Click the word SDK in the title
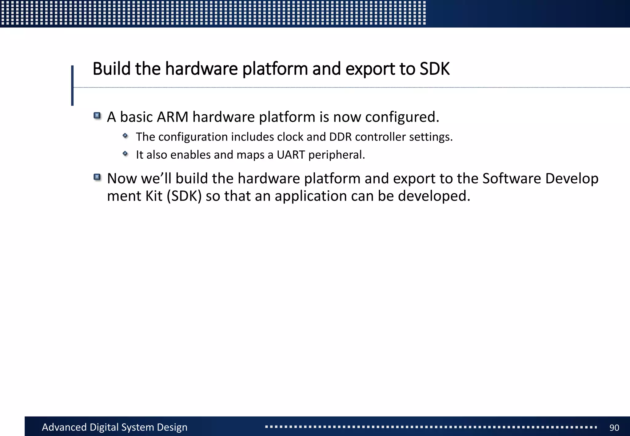point(434,69)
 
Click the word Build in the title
point(111,69)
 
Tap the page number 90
point(614,427)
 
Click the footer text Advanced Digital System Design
point(114,427)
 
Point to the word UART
point(291,155)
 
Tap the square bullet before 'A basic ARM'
point(97,116)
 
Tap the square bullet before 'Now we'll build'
point(97,177)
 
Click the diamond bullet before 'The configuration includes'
point(125,135)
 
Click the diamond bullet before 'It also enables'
point(125,153)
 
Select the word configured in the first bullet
point(402,117)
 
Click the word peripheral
point(336,155)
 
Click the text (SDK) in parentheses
point(184,196)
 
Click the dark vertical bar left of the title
point(72,85)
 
